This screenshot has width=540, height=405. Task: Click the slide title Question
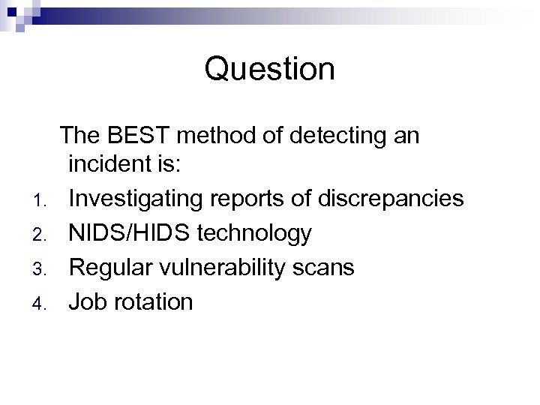click(x=269, y=70)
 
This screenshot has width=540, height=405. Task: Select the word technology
click(x=256, y=233)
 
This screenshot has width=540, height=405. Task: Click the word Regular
click(x=112, y=267)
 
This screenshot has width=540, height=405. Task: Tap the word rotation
click(x=153, y=301)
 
